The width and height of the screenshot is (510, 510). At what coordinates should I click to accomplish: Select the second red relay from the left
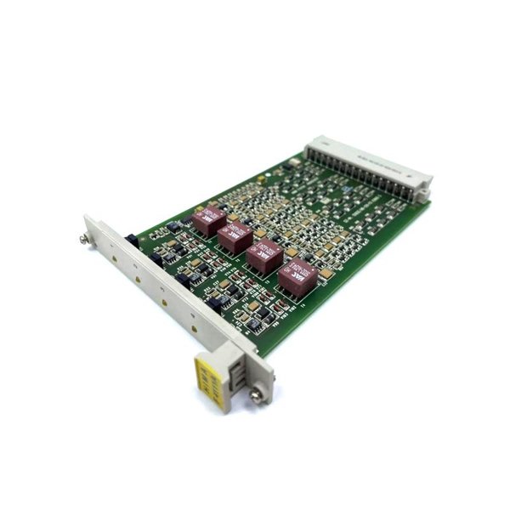pos(235,237)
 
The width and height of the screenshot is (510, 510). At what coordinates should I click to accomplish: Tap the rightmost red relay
pos(297,275)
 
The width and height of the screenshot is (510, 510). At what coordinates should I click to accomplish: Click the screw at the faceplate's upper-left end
pos(87,223)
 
